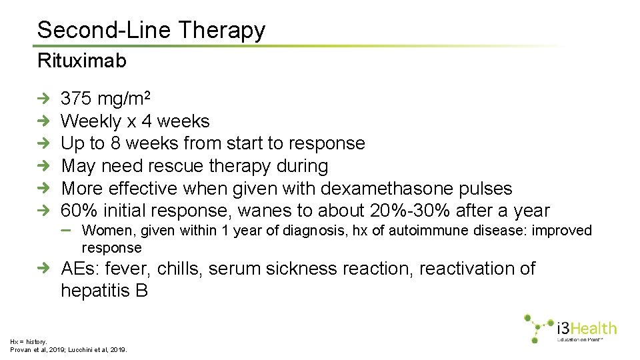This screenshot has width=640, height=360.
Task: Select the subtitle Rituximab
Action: [x=81, y=61]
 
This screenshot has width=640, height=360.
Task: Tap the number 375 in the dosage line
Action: [x=76, y=99]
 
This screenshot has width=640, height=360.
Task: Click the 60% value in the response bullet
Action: [x=79, y=211]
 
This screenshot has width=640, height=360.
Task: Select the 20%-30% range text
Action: [x=410, y=211]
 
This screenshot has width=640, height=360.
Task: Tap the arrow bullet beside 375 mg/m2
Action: [x=43, y=99]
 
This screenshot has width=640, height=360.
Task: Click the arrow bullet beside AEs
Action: [x=43, y=269]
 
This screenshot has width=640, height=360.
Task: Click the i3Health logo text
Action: [x=587, y=327]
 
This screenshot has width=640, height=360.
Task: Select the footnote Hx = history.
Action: [x=28, y=341]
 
